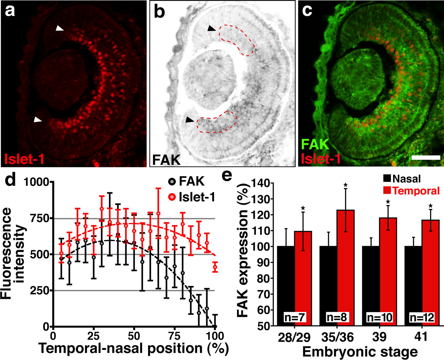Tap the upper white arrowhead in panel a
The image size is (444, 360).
[x=60, y=30]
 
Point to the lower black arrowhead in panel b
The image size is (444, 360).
[x=189, y=120]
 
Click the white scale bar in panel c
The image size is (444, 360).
[x=426, y=157]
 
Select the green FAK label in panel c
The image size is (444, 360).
[x=315, y=144]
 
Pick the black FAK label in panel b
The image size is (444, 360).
[x=166, y=159]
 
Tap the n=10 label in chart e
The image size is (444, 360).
[x=379, y=317]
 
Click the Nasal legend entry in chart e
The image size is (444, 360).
[x=402, y=179]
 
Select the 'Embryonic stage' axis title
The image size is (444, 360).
[x=360, y=352]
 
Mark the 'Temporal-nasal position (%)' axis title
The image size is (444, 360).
[x=134, y=349]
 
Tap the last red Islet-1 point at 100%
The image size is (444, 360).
[x=215, y=267]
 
